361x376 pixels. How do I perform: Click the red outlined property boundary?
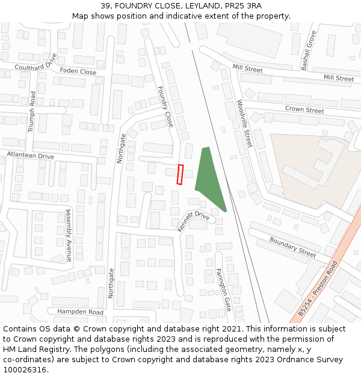[x=179, y=174]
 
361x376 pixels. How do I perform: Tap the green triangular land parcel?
[x=209, y=177]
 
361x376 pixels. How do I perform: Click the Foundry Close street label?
[x=165, y=106]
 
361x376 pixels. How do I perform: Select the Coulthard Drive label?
[x=35, y=63]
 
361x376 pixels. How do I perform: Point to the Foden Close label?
[x=78, y=71]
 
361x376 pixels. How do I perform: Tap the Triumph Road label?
[x=32, y=112]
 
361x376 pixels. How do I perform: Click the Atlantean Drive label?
[x=30, y=156]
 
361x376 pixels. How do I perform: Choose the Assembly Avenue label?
[x=69, y=235]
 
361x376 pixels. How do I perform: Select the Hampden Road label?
[x=80, y=312]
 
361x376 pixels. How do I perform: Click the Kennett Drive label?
[x=193, y=221]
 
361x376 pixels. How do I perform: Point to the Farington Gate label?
[x=223, y=289]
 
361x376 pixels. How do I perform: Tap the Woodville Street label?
[x=244, y=124]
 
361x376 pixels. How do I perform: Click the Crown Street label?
[x=304, y=110]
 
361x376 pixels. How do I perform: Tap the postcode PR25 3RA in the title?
[x=246, y=5]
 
